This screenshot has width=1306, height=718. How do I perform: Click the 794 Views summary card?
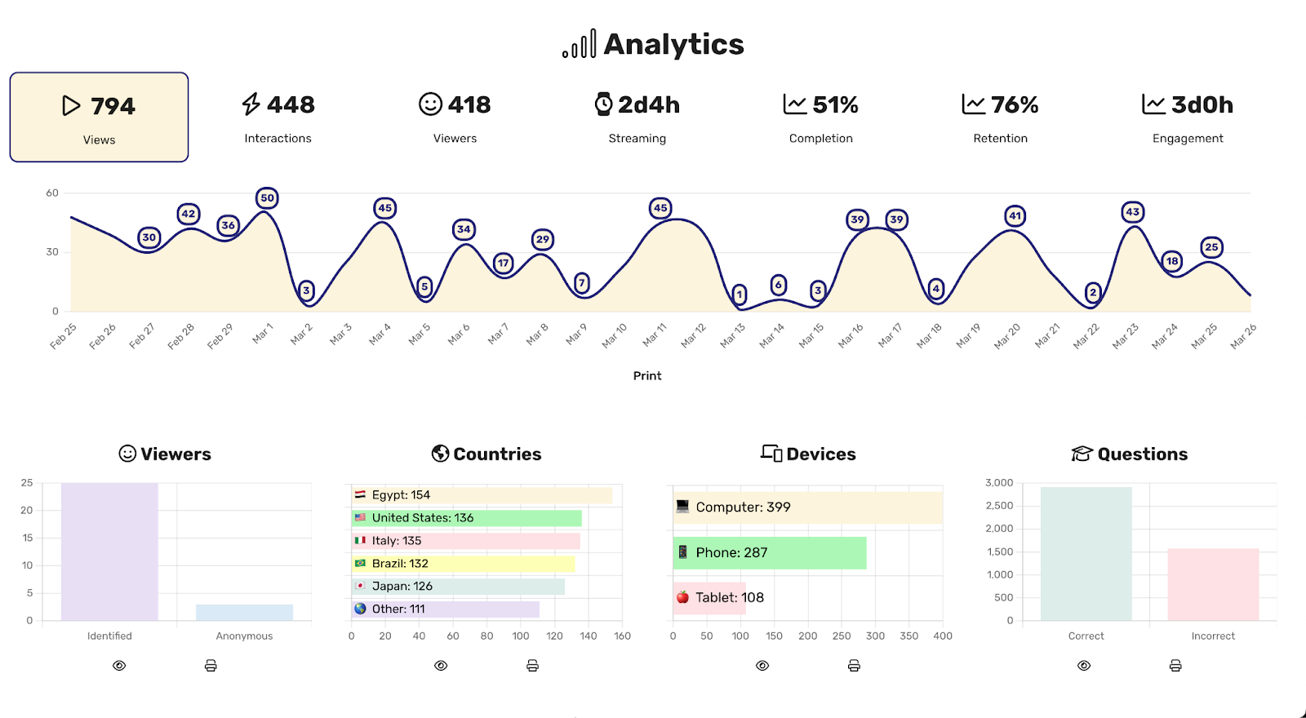click(99, 117)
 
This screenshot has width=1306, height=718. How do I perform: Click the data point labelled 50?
click(267, 198)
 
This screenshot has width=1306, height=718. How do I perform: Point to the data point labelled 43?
click(1132, 212)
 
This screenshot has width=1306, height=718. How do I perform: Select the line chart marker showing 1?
click(740, 295)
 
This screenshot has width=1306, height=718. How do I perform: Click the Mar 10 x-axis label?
click(614, 335)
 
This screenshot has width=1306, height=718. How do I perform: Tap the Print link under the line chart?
click(647, 375)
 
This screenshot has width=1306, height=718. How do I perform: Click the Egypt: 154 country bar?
click(482, 495)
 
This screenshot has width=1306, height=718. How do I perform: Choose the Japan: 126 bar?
click(458, 587)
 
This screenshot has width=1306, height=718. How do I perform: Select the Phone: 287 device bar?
click(769, 552)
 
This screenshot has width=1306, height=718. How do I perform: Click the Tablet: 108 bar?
click(709, 597)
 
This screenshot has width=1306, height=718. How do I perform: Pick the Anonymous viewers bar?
click(244, 612)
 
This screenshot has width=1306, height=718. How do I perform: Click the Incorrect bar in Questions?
click(1213, 584)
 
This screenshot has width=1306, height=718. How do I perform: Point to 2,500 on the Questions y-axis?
click(999, 506)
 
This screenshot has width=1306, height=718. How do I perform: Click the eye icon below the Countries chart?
click(441, 666)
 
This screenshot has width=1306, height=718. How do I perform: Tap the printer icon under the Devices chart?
click(854, 666)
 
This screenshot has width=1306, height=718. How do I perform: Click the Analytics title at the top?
click(653, 44)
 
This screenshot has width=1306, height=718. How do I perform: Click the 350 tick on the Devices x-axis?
click(908, 636)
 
